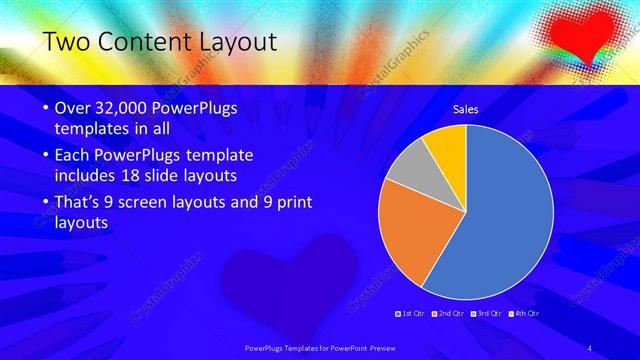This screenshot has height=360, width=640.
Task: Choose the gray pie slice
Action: coord(408,170)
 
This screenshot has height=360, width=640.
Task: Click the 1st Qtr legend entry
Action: coord(411,313)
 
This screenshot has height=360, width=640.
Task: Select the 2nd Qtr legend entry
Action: coord(449,313)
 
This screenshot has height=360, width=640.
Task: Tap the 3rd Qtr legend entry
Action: coord(487,313)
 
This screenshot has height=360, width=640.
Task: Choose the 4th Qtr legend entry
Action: coord(525,313)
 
